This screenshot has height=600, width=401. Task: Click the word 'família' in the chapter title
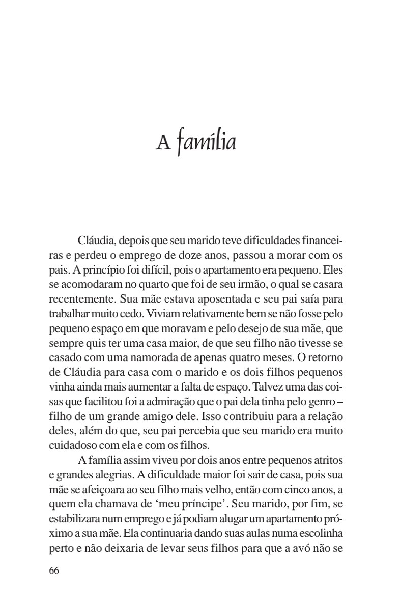[207, 143]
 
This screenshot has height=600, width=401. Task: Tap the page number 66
[54, 570]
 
